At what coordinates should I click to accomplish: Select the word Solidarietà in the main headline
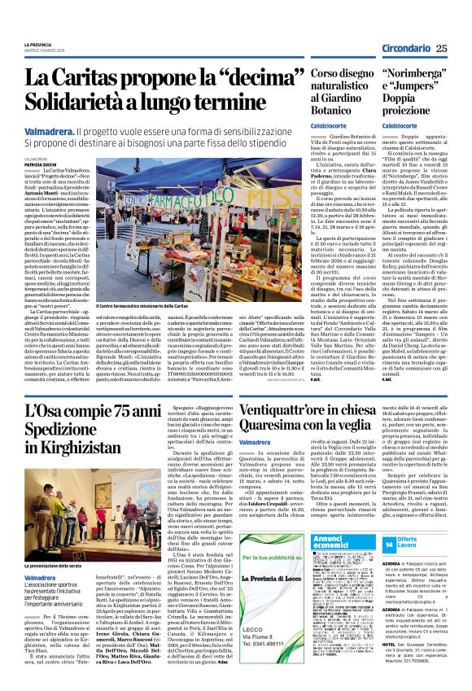click(x=81, y=102)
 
